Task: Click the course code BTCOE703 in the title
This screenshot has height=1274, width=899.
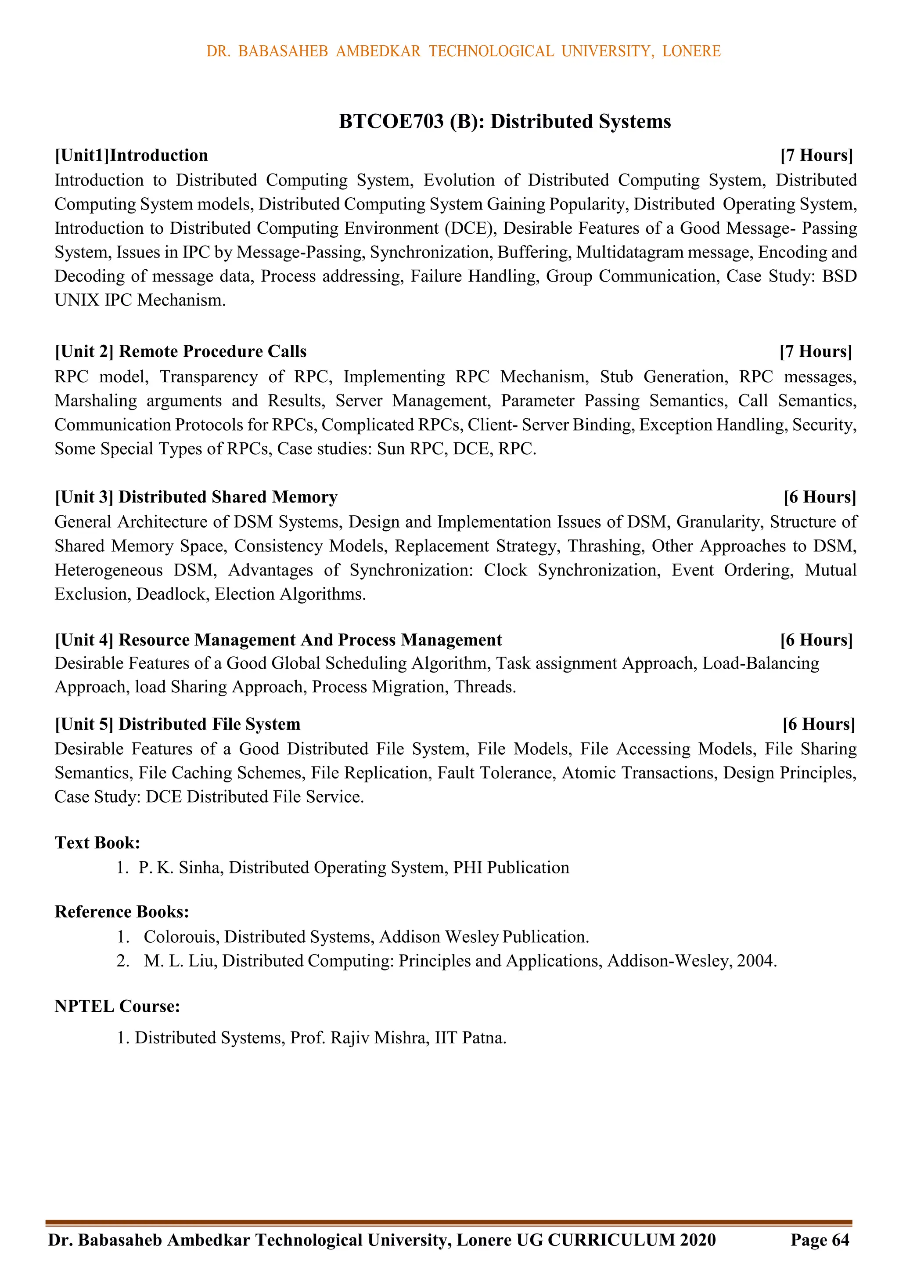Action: pyautogui.click(x=391, y=122)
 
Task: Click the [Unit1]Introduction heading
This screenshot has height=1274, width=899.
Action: pyautogui.click(x=131, y=156)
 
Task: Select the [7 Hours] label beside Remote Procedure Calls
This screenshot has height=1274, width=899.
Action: pyautogui.click(x=815, y=352)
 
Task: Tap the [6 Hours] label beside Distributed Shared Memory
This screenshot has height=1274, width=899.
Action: pyautogui.click(x=820, y=497)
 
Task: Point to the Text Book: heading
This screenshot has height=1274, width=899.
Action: pyautogui.click(x=97, y=843)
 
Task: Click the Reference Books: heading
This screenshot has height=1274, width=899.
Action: pyautogui.click(x=122, y=912)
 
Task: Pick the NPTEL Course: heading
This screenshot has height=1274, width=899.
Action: pyautogui.click(x=118, y=1006)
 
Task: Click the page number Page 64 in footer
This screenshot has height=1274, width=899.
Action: pyautogui.click(x=820, y=1240)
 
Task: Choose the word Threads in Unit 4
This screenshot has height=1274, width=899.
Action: pyautogui.click(x=484, y=688)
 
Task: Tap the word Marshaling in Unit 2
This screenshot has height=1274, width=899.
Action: pyautogui.click(x=95, y=401)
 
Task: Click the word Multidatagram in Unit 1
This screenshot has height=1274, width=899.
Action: pyautogui.click(x=629, y=253)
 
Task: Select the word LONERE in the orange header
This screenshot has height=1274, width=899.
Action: pyautogui.click(x=691, y=51)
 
